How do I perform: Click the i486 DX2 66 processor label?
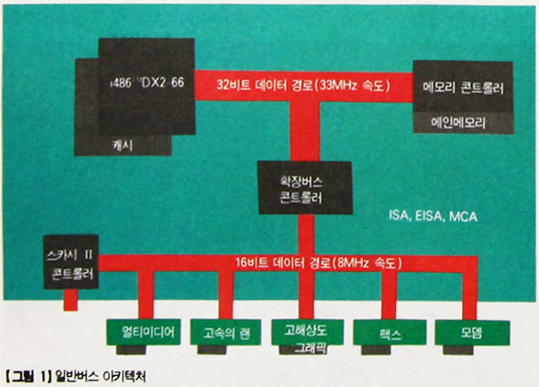(x=142, y=80)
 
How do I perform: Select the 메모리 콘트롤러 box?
(x=463, y=87)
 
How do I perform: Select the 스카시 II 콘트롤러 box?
(x=70, y=262)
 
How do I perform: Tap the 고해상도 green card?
(x=304, y=332)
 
